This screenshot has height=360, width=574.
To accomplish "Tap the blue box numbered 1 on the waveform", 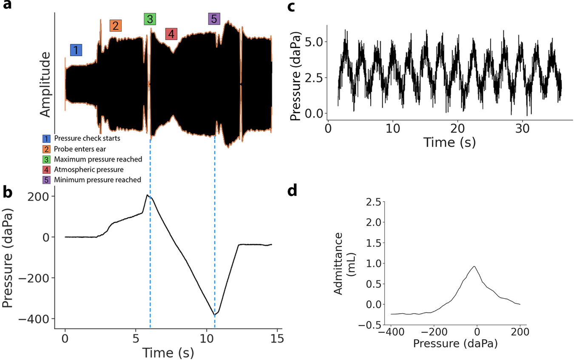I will (x=76, y=50).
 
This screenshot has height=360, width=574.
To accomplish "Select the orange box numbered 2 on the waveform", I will (x=116, y=26).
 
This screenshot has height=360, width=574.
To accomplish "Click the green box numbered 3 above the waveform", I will (x=150, y=19).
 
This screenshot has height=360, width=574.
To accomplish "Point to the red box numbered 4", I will (x=171, y=34).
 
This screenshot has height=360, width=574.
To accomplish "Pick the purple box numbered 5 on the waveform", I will (x=214, y=19).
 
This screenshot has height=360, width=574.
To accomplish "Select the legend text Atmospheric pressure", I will (x=85, y=170).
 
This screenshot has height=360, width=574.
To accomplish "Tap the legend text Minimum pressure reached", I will (x=97, y=180).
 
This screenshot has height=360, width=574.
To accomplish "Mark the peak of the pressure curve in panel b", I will (x=148, y=195).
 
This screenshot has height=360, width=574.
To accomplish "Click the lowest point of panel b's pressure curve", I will (x=215, y=315).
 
